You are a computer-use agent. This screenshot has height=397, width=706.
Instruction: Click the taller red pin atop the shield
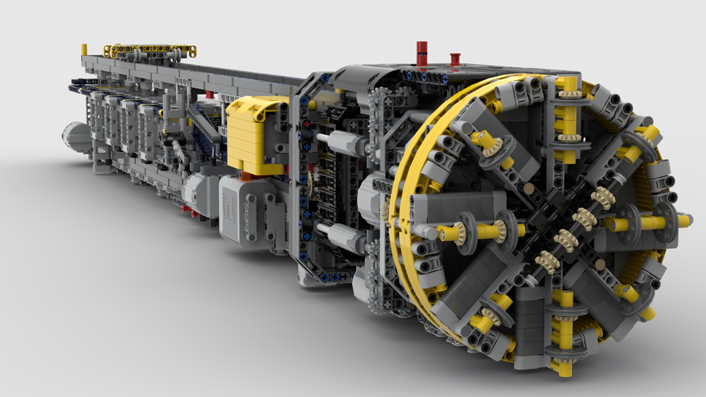(421, 54)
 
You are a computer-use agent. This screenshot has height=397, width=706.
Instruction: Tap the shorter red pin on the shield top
(455, 59)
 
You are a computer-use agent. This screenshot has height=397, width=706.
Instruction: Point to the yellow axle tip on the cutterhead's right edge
(683, 221)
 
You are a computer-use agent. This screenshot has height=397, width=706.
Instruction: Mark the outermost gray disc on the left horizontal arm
(467, 229)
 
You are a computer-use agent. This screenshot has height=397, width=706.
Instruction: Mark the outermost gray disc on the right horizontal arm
(663, 219)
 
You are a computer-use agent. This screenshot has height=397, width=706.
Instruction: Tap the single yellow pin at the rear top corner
(84, 49)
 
